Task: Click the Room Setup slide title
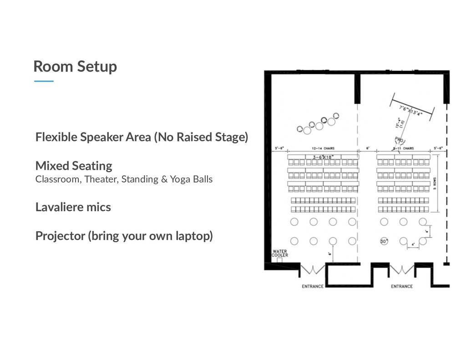(x=75, y=66)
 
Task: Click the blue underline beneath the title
(x=44, y=81)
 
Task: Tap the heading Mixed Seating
(x=74, y=165)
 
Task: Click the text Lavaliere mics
(x=73, y=207)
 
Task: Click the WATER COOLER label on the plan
(x=280, y=253)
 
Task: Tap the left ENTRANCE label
(x=313, y=286)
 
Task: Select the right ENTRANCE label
(x=402, y=286)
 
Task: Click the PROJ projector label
(x=399, y=140)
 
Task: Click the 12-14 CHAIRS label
(x=323, y=148)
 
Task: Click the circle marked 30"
(x=384, y=241)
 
